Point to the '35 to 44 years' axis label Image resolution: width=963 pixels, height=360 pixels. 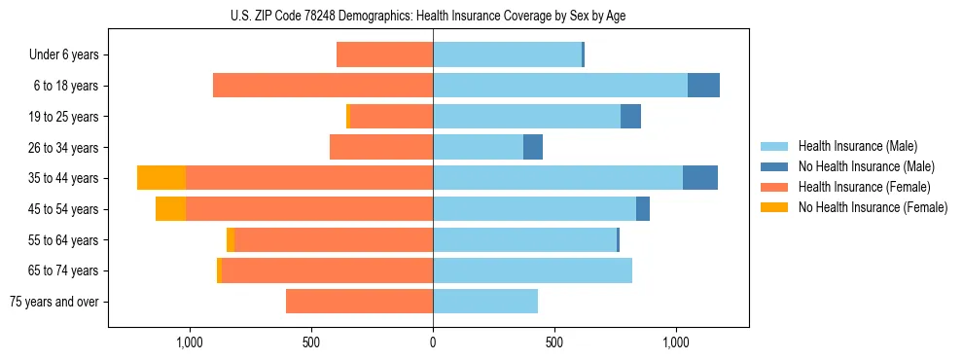[64, 179]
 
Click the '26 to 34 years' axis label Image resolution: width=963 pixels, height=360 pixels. [64, 148]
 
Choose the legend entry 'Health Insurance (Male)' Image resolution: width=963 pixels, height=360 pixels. [852, 146]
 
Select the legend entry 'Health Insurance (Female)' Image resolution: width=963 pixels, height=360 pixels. [857, 187]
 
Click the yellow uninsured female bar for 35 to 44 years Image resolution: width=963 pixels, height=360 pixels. [161, 178]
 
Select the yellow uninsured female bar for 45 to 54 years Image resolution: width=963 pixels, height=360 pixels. [170, 209]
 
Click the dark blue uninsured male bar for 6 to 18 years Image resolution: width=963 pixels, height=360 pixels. [703, 86]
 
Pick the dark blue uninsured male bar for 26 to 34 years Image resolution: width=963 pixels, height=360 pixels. [533, 148]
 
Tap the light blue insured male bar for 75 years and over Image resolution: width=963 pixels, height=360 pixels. [485, 303]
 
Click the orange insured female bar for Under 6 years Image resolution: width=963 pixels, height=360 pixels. [384, 55]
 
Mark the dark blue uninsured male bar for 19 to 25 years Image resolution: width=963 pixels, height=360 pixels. [630, 117]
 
